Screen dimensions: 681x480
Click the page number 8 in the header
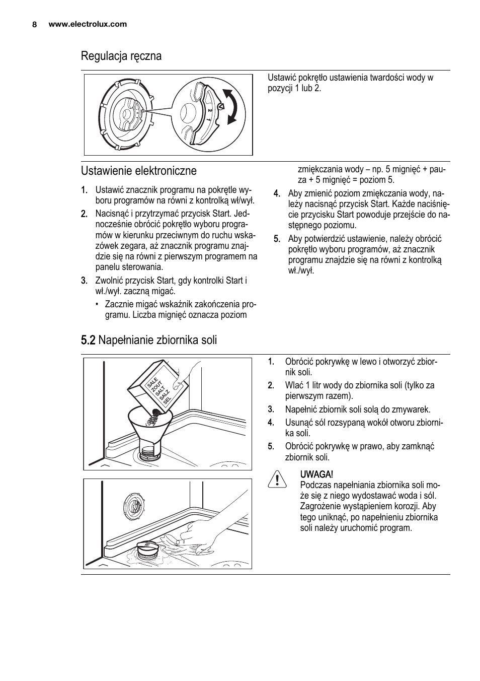point(34,24)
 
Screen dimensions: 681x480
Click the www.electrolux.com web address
point(88,24)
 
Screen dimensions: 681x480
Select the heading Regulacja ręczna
point(121,56)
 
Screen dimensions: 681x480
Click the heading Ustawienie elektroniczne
point(139,171)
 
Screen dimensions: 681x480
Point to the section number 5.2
point(88,340)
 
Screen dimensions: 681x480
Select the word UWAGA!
point(316,474)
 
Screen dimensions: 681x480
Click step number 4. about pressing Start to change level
point(276,193)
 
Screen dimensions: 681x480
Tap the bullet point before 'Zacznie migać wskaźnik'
point(98,304)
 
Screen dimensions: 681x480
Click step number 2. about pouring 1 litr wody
point(271,385)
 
